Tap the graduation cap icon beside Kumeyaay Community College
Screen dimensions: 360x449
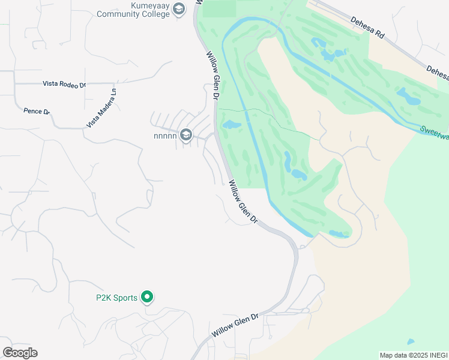[178, 9]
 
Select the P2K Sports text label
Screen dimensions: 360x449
[116, 297]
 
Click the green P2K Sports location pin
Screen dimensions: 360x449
[146, 296]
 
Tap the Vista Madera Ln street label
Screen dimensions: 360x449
[101, 107]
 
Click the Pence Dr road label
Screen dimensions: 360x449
[36, 111]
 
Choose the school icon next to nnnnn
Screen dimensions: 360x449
[186, 135]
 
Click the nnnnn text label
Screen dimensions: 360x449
[165, 135]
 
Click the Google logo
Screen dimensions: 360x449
[20, 352]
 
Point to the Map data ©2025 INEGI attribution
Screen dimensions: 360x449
[413, 355]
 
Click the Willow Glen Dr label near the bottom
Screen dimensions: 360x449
[234, 325]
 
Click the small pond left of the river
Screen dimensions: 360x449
[231, 125]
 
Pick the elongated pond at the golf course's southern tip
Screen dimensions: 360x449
[339, 233]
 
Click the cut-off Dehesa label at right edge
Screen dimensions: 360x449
[438, 73]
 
